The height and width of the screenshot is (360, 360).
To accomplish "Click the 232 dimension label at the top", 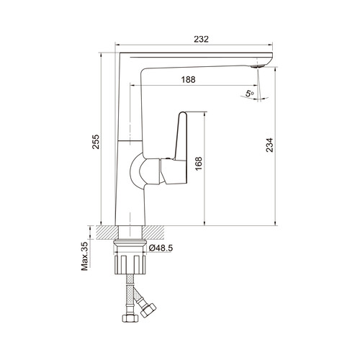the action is [x=201, y=39].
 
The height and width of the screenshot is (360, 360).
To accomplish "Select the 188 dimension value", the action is [x=188, y=79].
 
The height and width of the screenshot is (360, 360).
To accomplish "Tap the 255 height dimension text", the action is [x=96, y=142].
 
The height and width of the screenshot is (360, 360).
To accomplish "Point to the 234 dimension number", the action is [x=269, y=145].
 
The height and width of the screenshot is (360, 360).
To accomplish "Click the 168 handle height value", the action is [x=199, y=163].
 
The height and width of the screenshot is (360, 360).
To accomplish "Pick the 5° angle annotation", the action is [x=250, y=93].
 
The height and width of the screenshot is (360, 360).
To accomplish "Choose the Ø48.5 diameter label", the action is [x=161, y=248].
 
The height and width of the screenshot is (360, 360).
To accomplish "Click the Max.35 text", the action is [x=85, y=256].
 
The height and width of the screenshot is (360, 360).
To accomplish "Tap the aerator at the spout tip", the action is [x=257, y=66].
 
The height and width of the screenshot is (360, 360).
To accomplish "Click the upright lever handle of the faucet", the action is [x=181, y=136].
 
